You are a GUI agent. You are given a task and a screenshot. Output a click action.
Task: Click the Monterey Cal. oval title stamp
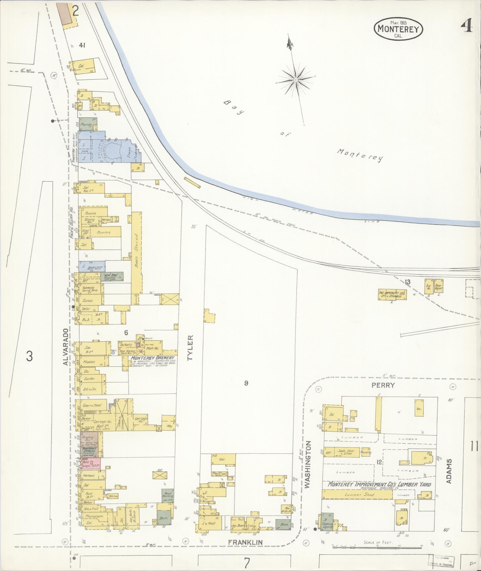[x=398, y=29]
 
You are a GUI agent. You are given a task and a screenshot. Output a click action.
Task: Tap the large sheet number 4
[x=467, y=27]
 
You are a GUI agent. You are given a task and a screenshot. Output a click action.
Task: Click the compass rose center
[x=296, y=80]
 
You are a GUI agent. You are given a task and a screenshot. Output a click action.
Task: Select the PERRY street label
[x=383, y=385]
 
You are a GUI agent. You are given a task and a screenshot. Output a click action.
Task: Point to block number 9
[x=246, y=383]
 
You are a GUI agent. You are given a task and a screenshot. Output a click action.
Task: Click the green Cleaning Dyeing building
[x=327, y=522]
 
